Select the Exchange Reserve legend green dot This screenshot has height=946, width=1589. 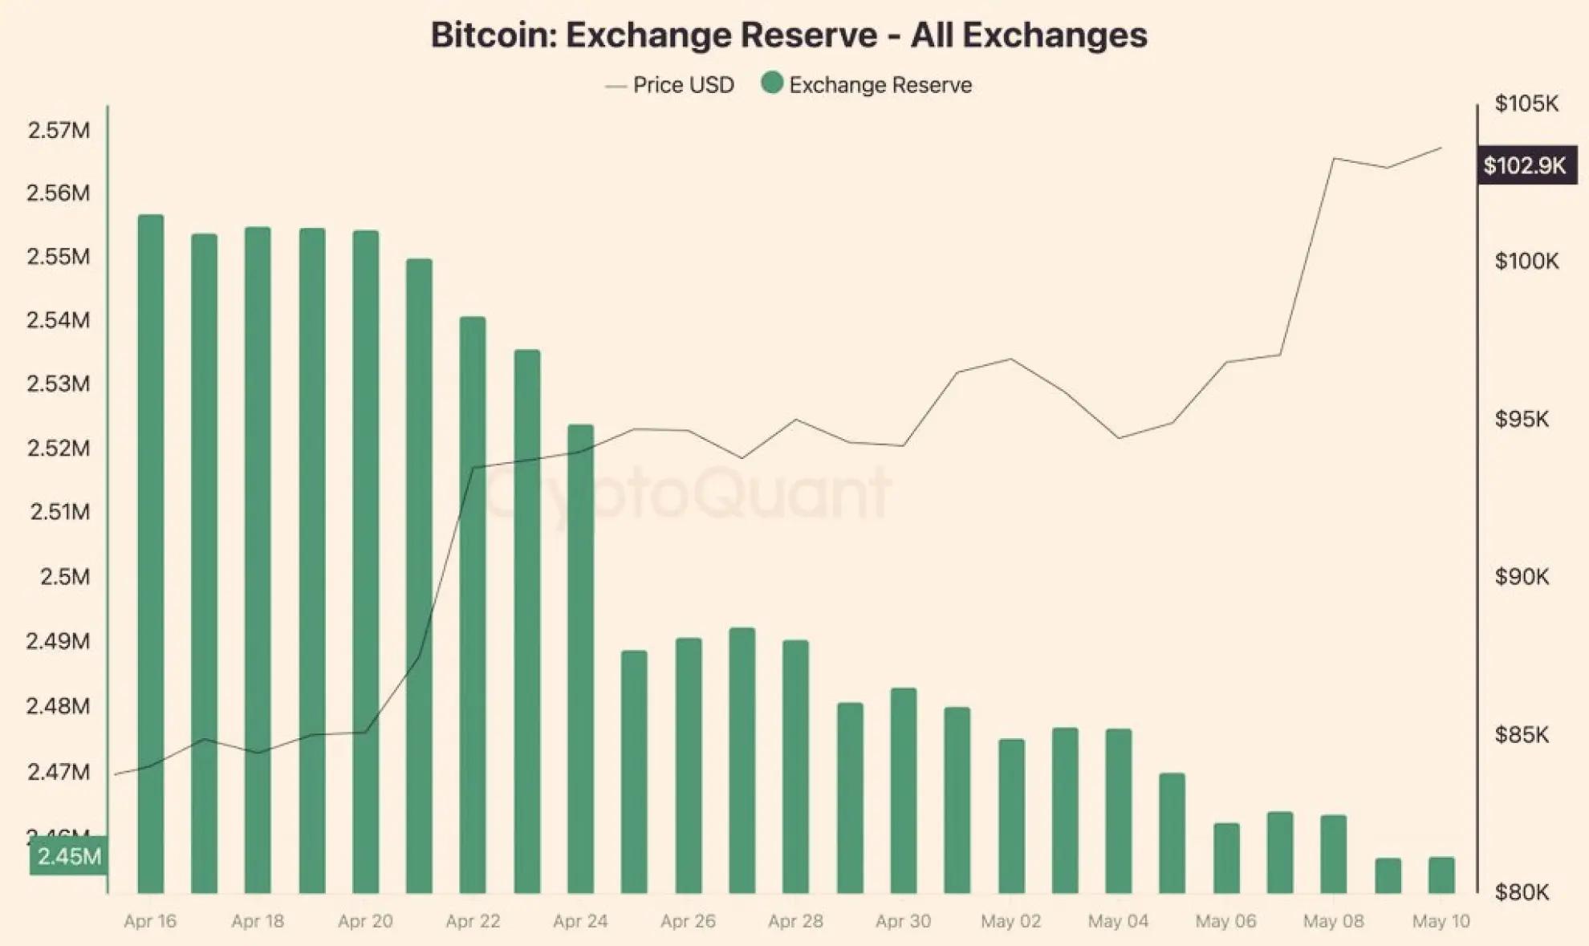772,83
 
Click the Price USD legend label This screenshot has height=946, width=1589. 683,85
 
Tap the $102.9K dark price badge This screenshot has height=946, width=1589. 1526,165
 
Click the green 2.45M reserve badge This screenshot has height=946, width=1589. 69,856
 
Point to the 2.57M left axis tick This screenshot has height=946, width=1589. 59,130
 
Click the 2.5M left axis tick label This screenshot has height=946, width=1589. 65,576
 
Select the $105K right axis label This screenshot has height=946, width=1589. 1526,104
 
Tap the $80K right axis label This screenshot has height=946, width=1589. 1522,891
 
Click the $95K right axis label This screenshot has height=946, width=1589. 1522,419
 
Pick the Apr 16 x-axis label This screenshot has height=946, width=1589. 150,921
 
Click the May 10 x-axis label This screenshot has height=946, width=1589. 1441,921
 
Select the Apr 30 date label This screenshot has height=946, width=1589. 903,921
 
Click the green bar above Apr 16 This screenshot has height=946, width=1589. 151,554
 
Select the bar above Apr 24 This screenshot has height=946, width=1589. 580,658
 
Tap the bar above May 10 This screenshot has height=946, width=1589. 1441,875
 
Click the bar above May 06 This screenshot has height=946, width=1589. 1226,858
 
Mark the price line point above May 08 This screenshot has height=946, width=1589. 1334,159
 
